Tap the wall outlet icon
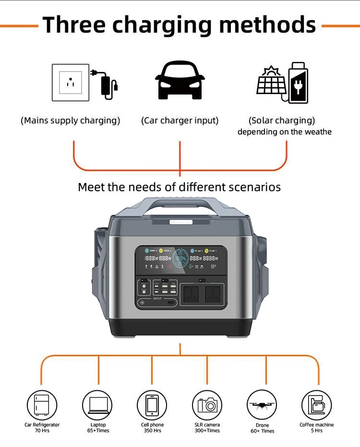70,82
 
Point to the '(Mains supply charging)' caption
70,121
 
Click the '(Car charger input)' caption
180,121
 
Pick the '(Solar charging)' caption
282,121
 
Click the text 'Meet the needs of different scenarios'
179,187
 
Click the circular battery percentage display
180,258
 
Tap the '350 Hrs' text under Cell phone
152,431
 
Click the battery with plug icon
298,83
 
